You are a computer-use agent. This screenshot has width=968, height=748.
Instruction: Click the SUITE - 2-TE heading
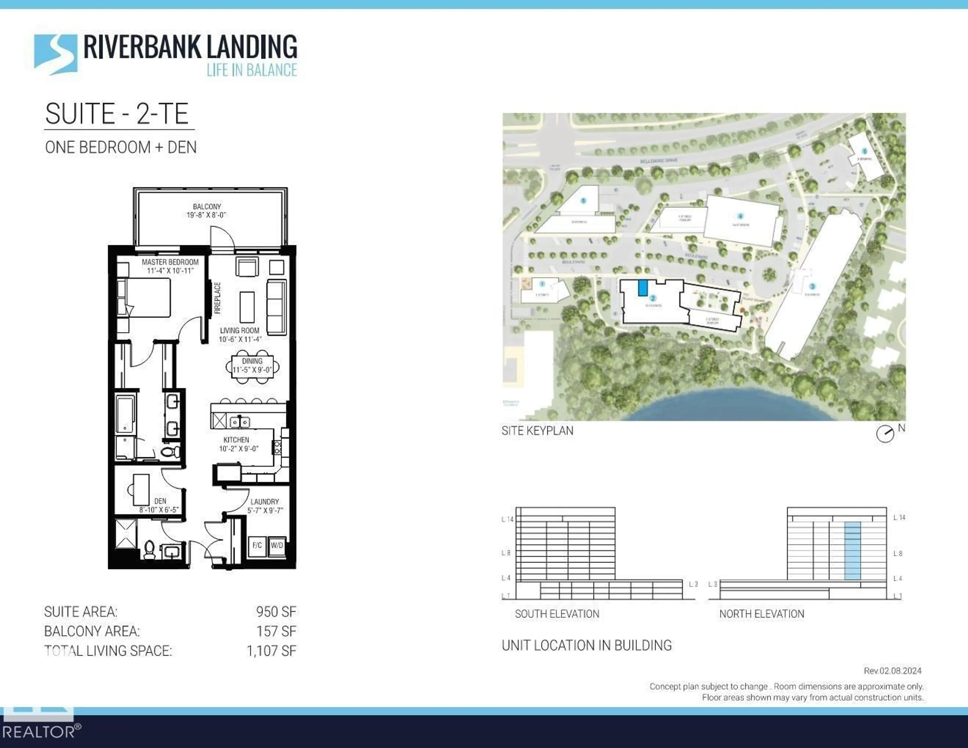(x=117, y=114)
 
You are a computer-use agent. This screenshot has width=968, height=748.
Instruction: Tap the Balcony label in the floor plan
(x=206, y=211)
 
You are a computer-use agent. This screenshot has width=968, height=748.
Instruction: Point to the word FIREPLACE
(x=217, y=298)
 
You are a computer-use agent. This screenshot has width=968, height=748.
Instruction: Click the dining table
(x=252, y=366)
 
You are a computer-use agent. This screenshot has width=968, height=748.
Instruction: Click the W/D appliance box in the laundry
(x=277, y=545)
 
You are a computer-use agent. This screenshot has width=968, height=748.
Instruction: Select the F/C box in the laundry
(x=257, y=545)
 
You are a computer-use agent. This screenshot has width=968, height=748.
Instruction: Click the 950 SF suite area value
(x=276, y=612)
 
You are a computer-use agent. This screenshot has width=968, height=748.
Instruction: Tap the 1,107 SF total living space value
(x=271, y=651)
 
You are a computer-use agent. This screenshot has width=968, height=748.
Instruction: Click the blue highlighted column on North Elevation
(x=852, y=550)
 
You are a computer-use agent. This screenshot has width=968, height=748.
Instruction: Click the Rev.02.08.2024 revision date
(x=892, y=671)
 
